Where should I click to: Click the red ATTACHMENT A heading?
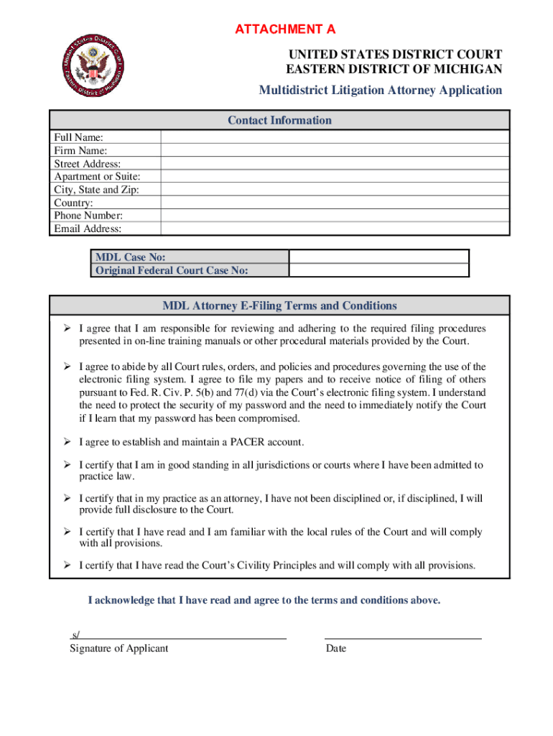pos(284,29)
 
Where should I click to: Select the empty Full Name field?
pos(335,137)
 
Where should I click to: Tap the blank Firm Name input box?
pos(335,150)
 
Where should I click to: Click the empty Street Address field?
pos(335,164)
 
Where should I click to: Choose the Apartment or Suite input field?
pos(335,177)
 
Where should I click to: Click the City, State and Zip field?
pos(335,190)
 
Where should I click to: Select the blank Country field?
pos(335,203)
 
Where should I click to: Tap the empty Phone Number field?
pos(335,216)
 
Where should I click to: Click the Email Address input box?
pos(335,229)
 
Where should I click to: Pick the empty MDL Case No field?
pos(378,257)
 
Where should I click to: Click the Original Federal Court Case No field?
pos(378,270)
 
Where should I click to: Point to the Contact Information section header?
pos(279,120)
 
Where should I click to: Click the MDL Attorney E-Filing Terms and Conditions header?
pos(279,305)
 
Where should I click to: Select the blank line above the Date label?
pos(403,635)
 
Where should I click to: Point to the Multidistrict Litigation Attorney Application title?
pos(381,90)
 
